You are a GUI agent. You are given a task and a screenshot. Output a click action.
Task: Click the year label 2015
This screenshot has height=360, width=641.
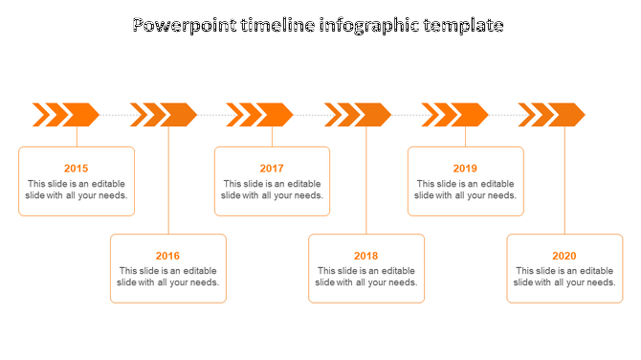[77, 169]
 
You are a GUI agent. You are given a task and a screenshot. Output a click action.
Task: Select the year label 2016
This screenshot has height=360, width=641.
[167, 256]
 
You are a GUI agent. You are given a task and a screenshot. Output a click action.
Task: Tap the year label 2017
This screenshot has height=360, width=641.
[272, 169]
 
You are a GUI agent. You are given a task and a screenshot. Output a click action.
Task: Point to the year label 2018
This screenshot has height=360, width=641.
[365, 256]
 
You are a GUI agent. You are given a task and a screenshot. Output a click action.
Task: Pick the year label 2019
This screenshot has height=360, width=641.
[465, 169]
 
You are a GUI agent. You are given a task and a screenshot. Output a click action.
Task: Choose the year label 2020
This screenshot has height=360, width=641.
[564, 256]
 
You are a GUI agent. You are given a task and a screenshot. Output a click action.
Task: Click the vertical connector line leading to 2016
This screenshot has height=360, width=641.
[168, 182]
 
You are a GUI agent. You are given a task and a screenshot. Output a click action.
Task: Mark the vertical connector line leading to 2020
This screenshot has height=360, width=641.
[564, 182]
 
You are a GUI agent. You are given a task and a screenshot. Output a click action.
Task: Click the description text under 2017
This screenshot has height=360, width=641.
[272, 190]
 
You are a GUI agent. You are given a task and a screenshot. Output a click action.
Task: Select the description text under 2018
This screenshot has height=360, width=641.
[365, 277]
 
